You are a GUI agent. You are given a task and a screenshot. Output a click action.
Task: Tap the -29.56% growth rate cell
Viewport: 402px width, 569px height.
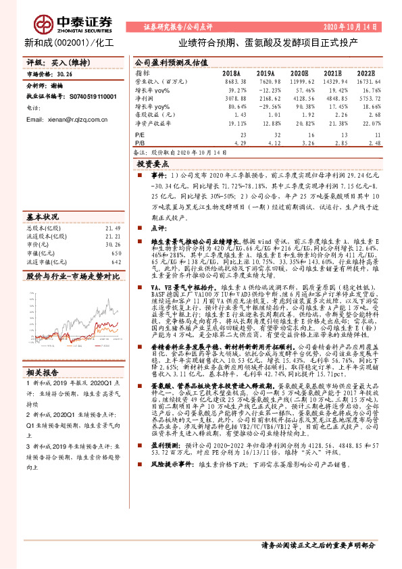(268, 107)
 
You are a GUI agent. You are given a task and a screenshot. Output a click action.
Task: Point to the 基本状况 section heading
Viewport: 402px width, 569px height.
(43, 218)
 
